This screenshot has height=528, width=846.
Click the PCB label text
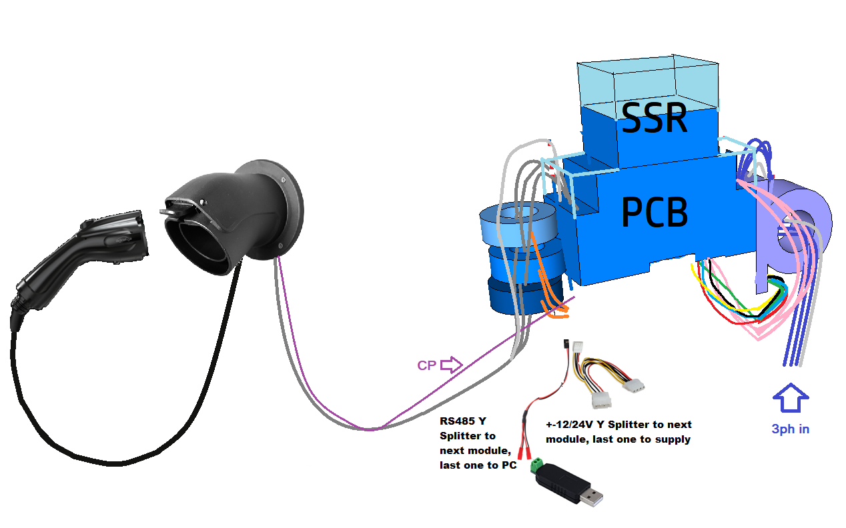click(x=654, y=213)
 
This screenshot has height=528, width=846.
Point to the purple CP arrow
click(x=452, y=365)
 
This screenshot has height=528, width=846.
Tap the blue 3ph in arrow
click(x=791, y=399)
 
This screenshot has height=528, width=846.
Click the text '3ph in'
click(x=790, y=429)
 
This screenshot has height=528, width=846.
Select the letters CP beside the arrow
click(x=427, y=365)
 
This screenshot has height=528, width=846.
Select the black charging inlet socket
click(x=234, y=213)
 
